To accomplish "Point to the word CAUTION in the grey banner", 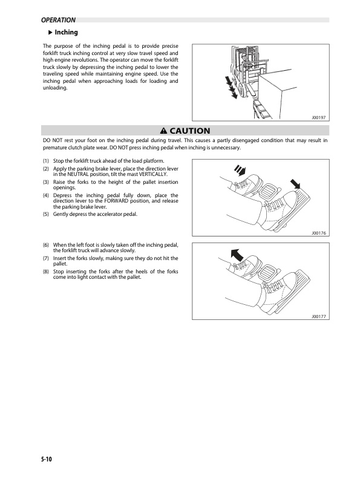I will pyautogui.click(x=189, y=131).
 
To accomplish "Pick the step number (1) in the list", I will pyautogui.click(x=46, y=160).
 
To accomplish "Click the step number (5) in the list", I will pyautogui.click(x=46, y=215).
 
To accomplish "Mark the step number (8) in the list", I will pyautogui.click(x=46, y=272).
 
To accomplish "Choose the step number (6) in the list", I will pyautogui.click(x=46, y=245).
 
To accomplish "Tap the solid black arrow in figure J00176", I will pyautogui.click(x=295, y=183).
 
